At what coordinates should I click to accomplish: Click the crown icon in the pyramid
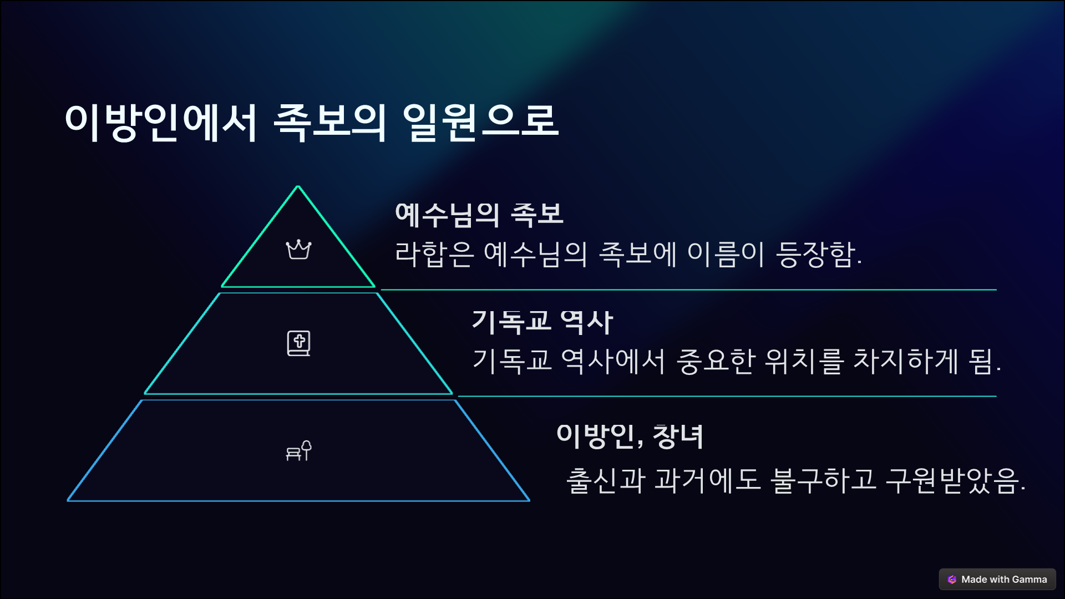coord(298,250)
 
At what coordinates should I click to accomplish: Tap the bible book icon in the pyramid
coord(298,343)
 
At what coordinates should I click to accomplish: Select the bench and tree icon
coord(298,451)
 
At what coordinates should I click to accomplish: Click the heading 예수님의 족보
coord(479,215)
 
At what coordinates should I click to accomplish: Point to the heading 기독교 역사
coord(542,322)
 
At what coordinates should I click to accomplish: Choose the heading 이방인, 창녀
coord(630,436)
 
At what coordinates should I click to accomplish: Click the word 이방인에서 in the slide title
coord(161,122)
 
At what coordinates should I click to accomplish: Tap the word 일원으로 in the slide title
coord(480,122)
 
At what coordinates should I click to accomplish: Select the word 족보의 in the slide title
coord(329,122)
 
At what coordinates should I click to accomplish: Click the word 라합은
coord(434,255)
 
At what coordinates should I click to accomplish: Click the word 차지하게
coord(905,361)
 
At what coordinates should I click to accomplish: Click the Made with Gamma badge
coord(997,579)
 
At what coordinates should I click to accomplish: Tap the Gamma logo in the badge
coord(952,579)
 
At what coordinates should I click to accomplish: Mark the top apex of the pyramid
coord(298,187)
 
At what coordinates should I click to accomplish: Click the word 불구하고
coord(823,480)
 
